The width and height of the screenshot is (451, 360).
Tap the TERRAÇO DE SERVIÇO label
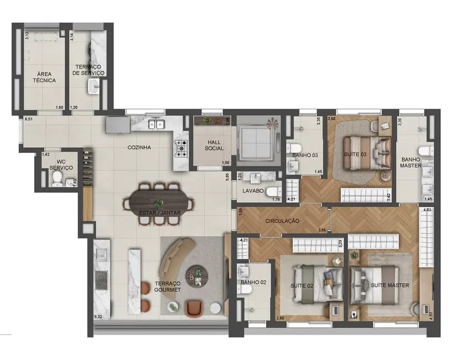click(x=90, y=70)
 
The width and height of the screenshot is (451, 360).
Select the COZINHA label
click(x=139, y=148)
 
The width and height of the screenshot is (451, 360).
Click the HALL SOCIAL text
click(x=214, y=145)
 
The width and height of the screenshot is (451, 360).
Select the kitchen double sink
click(x=157, y=125)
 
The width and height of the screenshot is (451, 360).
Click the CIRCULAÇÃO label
click(x=282, y=221)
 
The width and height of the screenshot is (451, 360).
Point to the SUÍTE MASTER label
click(x=390, y=285)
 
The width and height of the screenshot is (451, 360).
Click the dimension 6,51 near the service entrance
click(x=29, y=119)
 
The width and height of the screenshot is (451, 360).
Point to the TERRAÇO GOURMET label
click(x=168, y=286)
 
